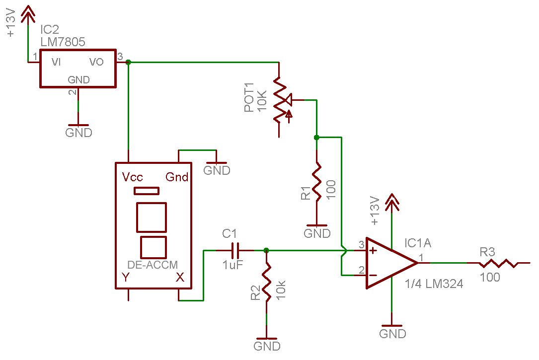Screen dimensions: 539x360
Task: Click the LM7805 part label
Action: pos(63,42)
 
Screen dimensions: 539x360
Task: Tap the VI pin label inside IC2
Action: pos(56,62)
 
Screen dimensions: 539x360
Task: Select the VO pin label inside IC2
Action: pos(96,62)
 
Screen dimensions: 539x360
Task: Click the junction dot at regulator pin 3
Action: pos(128,62)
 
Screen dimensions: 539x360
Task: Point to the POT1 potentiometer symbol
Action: pos(282,100)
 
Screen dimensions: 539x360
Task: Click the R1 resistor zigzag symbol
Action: pos(316,181)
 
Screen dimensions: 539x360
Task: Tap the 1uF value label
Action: pos(232,265)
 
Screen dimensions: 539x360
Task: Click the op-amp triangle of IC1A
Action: pos(391,263)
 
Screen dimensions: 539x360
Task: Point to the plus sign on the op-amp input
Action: pos(373,251)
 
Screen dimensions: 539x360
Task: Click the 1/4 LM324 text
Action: pos(434,284)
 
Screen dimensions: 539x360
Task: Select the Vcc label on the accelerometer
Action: pos(132,177)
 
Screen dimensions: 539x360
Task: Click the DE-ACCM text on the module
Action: pos(153,265)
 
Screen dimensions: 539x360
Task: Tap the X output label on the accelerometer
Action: pos(180,277)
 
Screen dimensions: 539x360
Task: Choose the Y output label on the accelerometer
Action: pos(126,277)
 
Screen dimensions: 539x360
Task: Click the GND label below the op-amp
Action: pos(392,334)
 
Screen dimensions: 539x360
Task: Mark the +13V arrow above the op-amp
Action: pos(391,202)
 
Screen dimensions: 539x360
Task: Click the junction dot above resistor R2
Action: pos(266,250)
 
